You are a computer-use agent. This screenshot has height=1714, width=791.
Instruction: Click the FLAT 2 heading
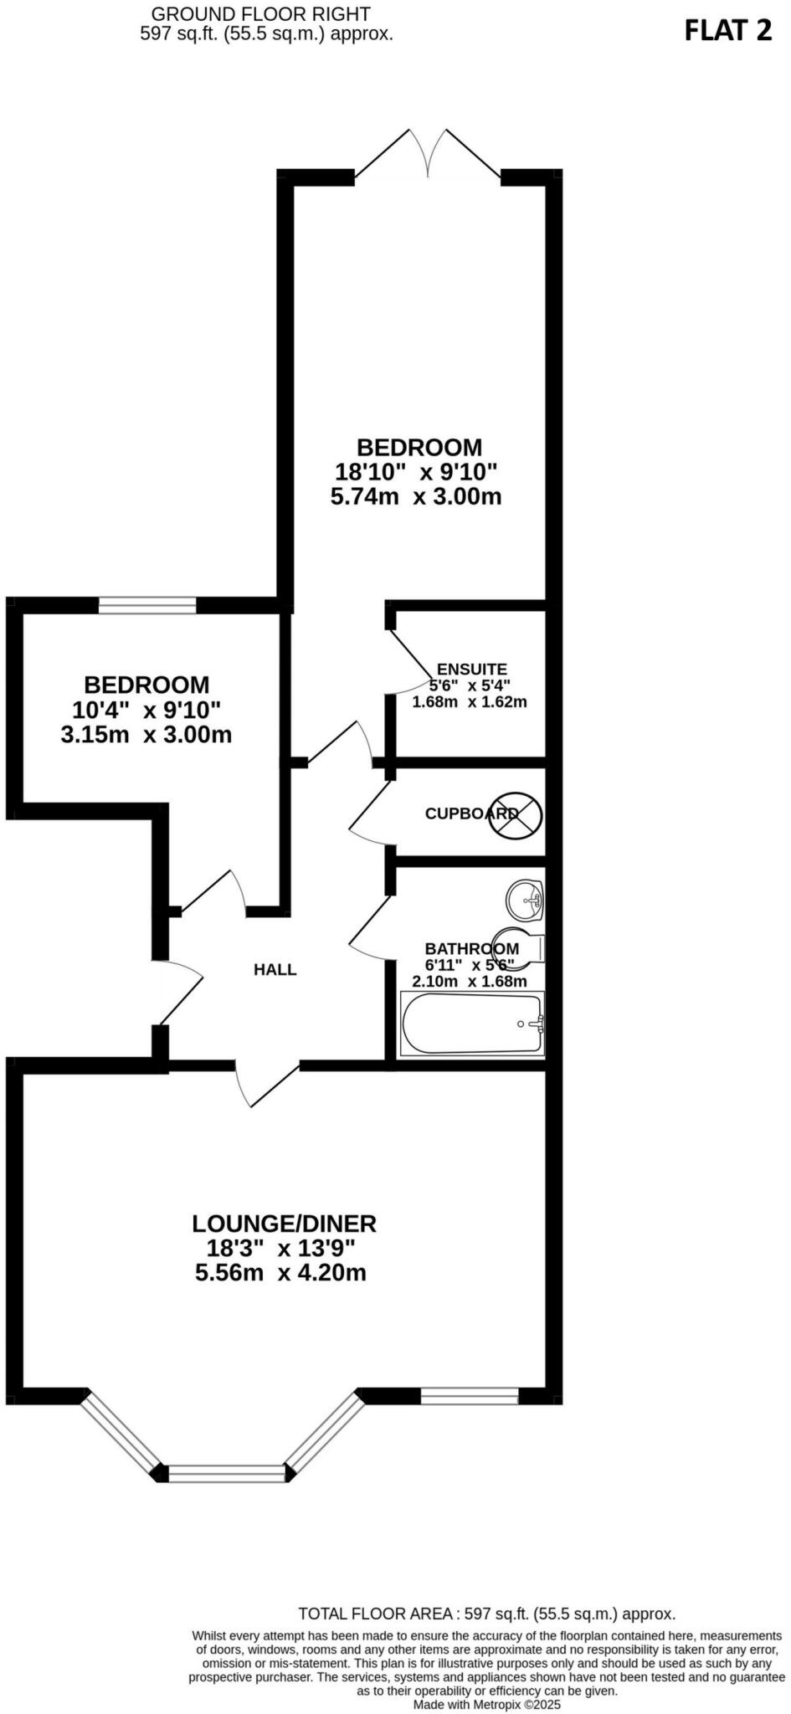pyautogui.click(x=727, y=31)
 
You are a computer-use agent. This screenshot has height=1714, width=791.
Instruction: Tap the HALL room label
pyautogui.click(x=275, y=970)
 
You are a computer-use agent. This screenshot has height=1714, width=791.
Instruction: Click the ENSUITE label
pyautogui.click(x=472, y=670)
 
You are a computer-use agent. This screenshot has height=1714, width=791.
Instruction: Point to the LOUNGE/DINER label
pyautogui.click(x=285, y=1224)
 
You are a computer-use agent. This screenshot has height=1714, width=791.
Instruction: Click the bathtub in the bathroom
pyautogui.click(x=473, y=1024)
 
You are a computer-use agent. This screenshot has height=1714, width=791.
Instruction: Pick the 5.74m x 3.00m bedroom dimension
pyautogui.click(x=416, y=497)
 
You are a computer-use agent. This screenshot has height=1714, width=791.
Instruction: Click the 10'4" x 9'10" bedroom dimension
pyautogui.click(x=146, y=711)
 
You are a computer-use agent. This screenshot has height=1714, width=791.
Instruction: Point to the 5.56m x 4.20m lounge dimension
pyautogui.click(x=281, y=1273)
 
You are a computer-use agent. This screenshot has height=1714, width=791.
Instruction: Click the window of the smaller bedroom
pyautogui.click(x=147, y=605)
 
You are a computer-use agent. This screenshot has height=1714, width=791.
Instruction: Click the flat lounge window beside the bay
pyautogui.click(x=469, y=1396)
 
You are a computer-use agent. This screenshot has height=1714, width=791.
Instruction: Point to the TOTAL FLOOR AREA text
pyautogui.click(x=486, y=1614)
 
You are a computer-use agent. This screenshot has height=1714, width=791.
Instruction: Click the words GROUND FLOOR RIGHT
pyautogui.click(x=260, y=14)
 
